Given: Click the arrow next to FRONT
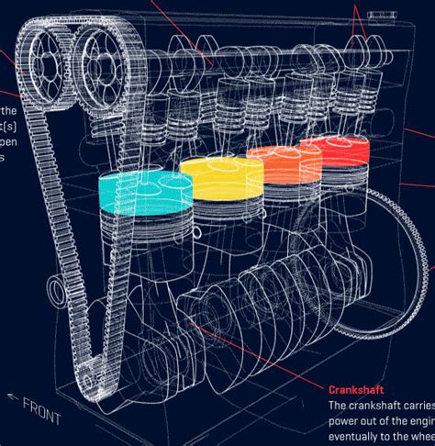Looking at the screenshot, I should [13, 396].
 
